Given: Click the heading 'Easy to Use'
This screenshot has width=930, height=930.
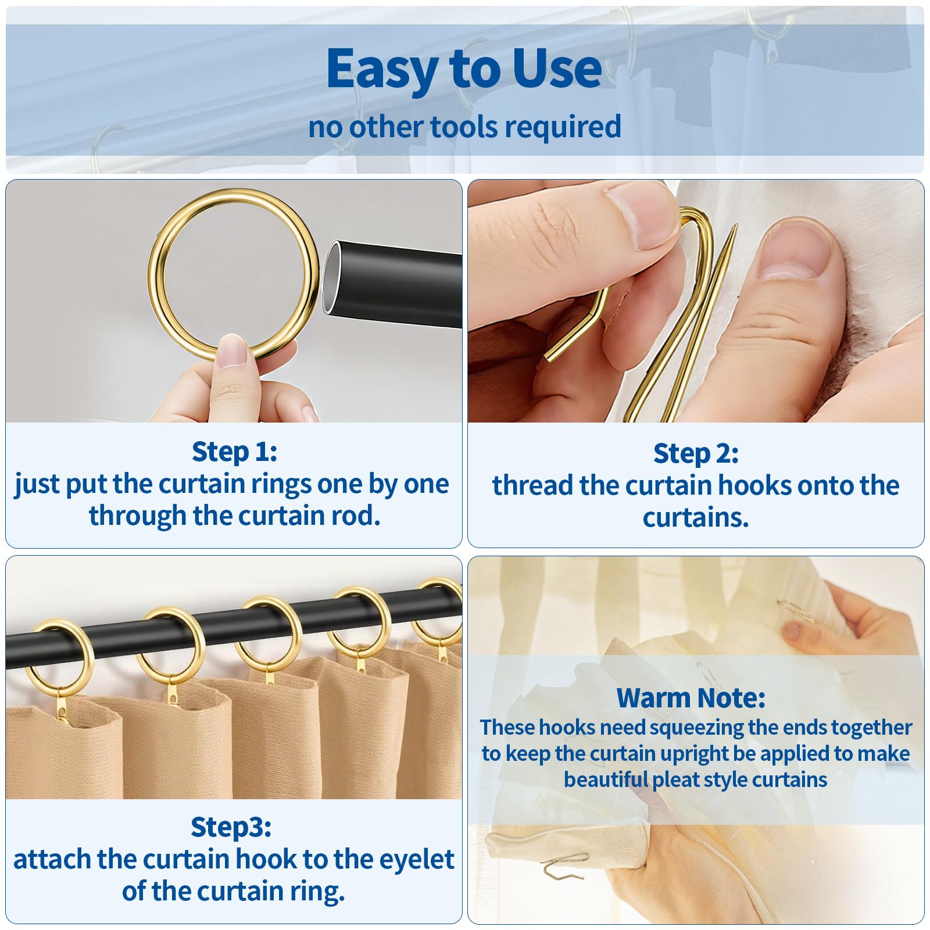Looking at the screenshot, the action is point(464,69).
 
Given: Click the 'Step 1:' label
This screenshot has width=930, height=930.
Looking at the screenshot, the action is point(234,452).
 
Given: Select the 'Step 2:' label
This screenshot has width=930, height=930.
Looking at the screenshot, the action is point(696,453).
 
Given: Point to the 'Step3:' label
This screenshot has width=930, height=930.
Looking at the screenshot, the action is point(231,828).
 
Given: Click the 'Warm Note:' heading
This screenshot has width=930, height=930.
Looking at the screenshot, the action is point(691,697).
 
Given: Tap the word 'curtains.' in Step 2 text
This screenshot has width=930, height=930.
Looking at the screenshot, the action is point(696,517).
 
